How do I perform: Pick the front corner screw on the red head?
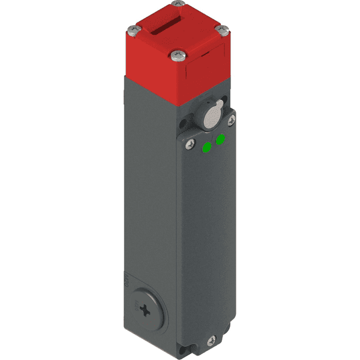tap(176, 56)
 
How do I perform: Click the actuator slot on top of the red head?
tap(170, 28)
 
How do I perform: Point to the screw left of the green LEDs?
tap(191, 143)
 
